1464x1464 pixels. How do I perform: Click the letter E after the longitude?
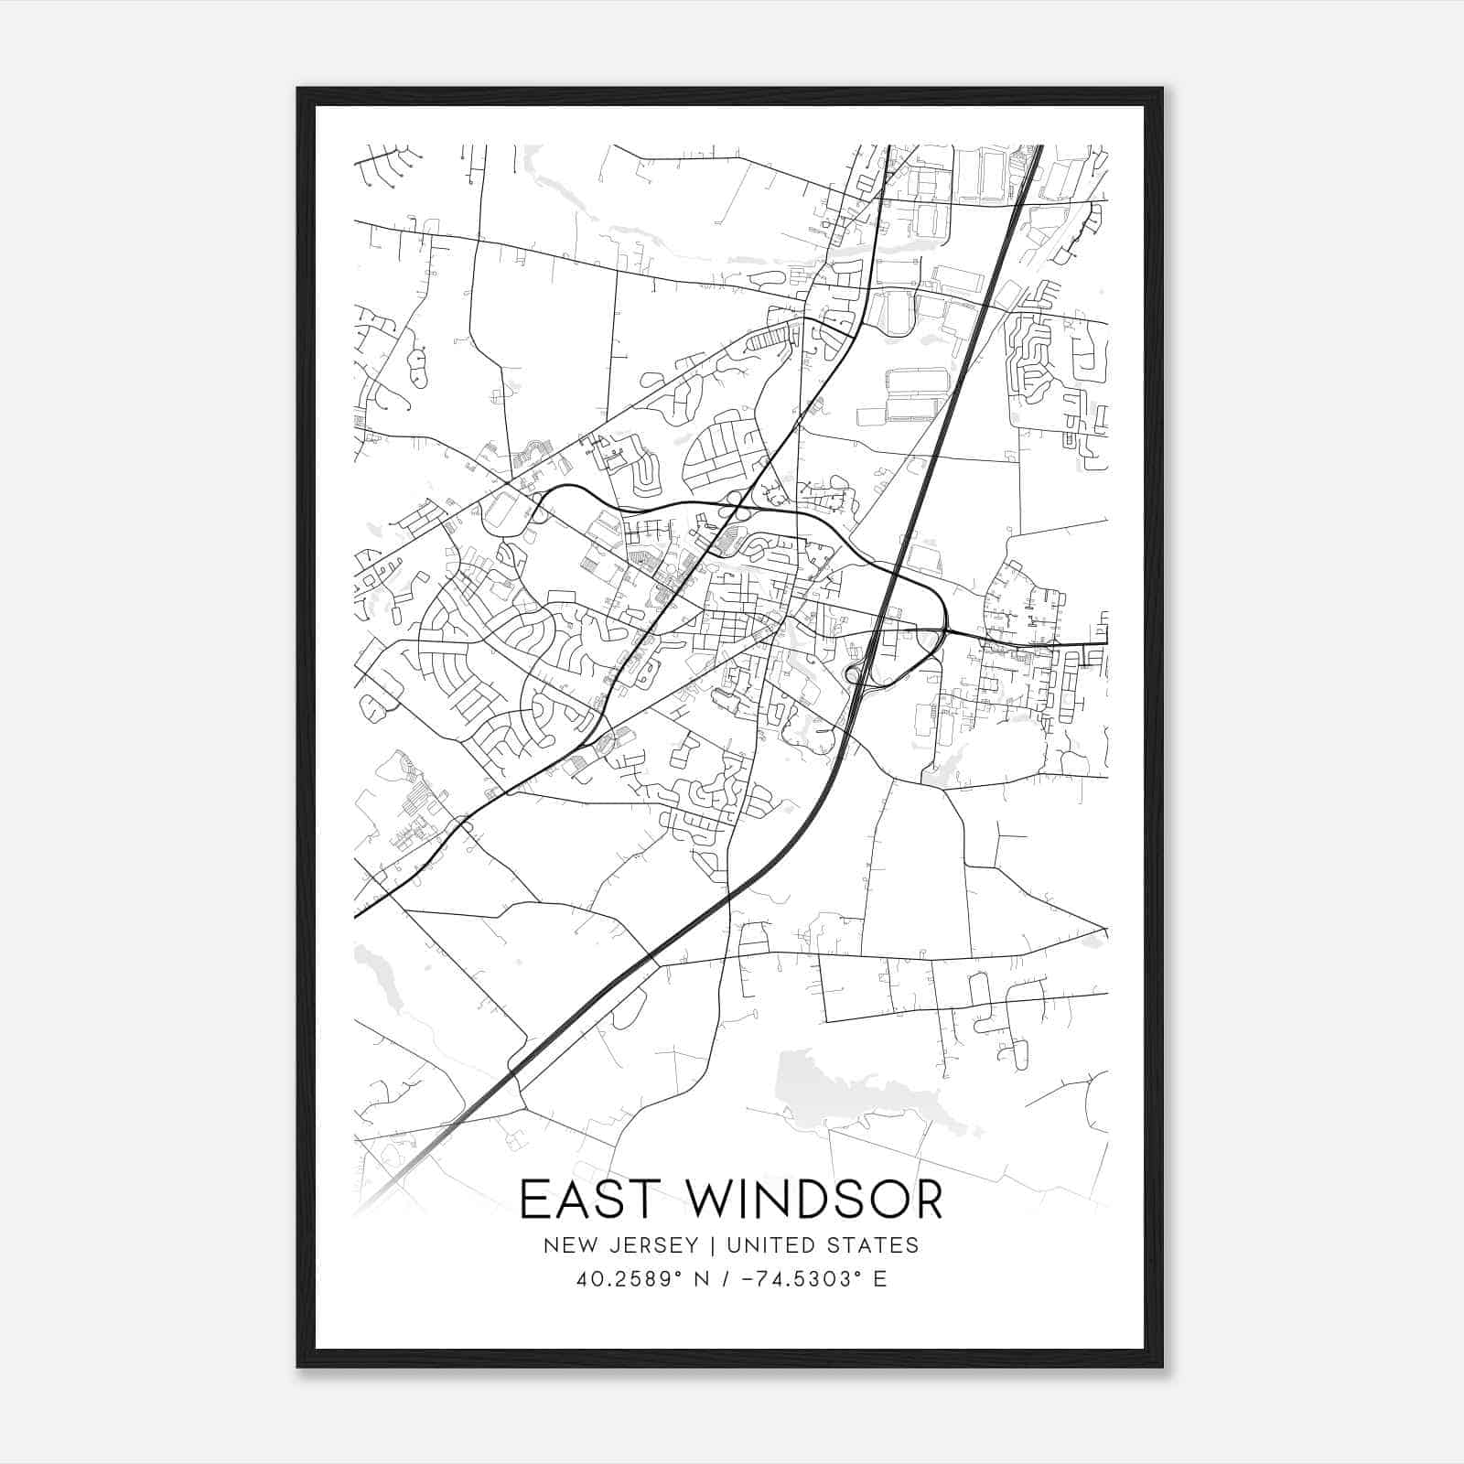[x=879, y=1278]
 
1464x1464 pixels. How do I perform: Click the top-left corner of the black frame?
[x=299, y=90]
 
